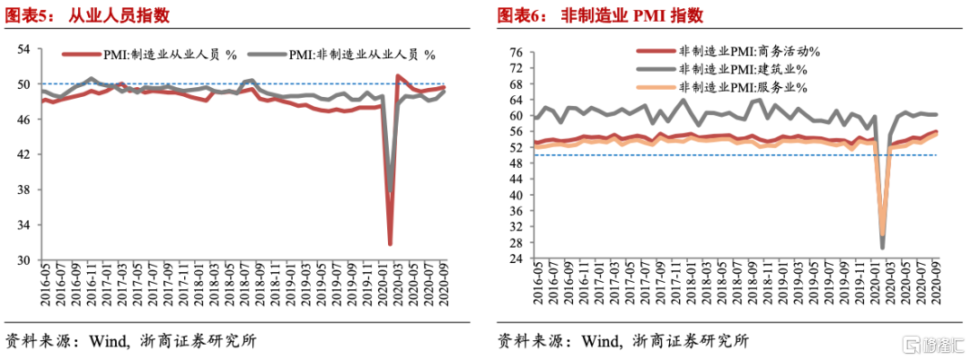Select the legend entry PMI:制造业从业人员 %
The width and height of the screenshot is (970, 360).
pos(170,55)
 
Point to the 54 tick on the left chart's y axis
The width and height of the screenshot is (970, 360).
pos(24,49)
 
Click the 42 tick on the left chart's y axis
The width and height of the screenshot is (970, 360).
pos(24,154)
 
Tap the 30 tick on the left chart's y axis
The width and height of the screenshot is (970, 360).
pos(24,260)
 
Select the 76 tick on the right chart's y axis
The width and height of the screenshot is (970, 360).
pos(516,53)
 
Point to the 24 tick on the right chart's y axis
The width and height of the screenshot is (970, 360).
pos(516,260)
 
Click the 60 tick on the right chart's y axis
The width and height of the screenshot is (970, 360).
pos(516,116)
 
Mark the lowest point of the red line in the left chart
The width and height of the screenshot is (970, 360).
pos(390,243)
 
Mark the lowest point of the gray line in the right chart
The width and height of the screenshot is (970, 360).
pos(882,248)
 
